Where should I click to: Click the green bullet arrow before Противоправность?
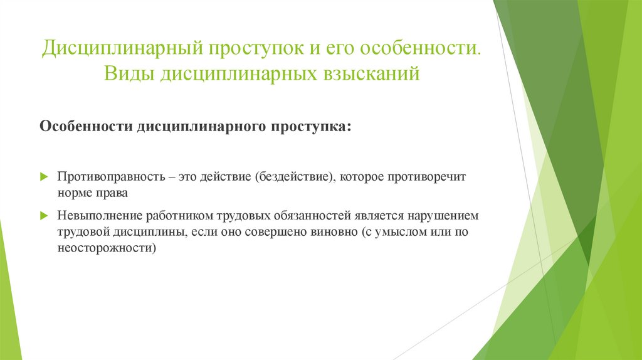[x=44, y=177]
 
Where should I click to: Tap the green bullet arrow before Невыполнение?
[x=44, y=216]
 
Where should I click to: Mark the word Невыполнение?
[x=100, y=216]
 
